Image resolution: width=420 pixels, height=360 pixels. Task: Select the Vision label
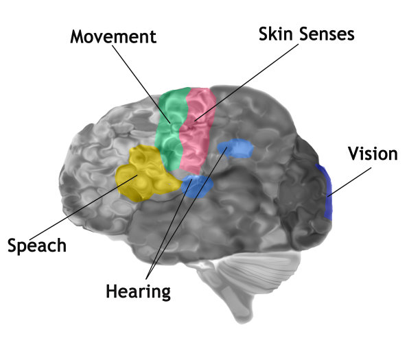(372, 154)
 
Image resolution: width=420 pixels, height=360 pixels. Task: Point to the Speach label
(37, 245)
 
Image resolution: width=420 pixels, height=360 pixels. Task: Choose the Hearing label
(138, 291)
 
